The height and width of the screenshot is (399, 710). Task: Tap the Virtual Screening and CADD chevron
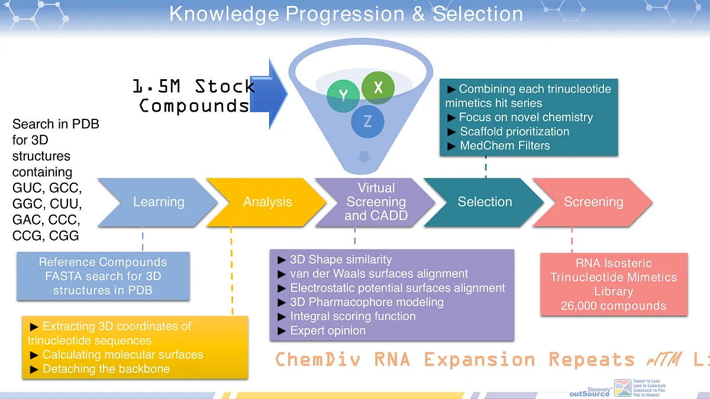(376, 202)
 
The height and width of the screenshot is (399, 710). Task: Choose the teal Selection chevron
(485, 202)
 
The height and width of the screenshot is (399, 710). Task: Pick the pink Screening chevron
(593, 202)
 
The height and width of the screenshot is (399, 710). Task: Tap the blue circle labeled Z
(367, 122)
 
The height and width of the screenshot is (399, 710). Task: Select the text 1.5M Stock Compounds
(194, 96)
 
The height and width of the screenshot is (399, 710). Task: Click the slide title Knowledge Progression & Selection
(346, 14)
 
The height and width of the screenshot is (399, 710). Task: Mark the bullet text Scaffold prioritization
(514, 131)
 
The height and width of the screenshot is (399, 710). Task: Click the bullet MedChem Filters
(505, 145)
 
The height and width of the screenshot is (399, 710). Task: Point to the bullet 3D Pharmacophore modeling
(366, 302)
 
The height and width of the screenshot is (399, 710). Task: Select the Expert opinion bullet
(328, 330)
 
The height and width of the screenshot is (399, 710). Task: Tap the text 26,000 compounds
(614, 306)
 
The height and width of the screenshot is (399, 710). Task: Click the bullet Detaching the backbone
(106, 369)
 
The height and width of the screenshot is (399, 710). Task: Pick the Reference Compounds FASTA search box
(103, 276)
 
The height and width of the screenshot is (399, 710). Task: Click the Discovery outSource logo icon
(622, 388)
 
